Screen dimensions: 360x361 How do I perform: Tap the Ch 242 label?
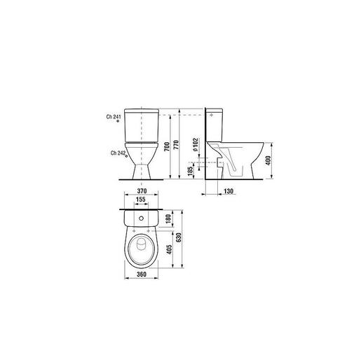pos(116,153)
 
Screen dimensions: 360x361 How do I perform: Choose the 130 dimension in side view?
pos(227,191)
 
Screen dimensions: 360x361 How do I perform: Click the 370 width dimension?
pos(143,191)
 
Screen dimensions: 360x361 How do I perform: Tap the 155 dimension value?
pos(141,200)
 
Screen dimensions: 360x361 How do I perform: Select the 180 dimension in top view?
pos(168,220)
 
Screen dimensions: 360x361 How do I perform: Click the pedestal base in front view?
pos(142,167)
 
